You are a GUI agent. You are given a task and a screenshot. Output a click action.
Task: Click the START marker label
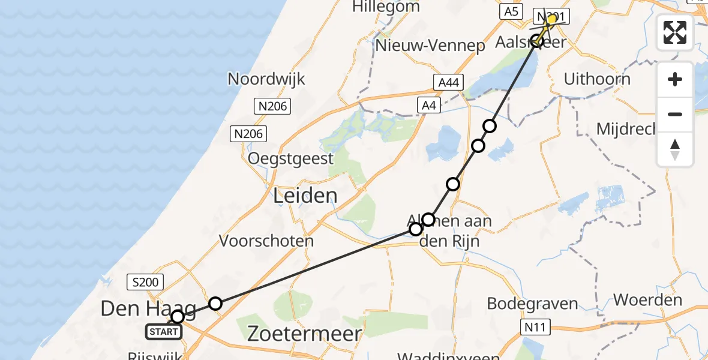pos(163,331)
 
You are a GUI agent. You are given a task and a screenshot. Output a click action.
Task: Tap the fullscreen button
pos(675,32)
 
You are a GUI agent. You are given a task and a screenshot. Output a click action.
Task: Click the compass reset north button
pos(675,149)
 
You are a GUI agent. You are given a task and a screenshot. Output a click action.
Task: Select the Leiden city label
pos(305,196)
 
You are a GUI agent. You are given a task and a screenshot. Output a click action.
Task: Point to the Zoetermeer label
pos(305,334)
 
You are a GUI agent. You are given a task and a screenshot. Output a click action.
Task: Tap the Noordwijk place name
pos(266,79)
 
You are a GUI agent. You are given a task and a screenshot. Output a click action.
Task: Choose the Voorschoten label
pos(266,241)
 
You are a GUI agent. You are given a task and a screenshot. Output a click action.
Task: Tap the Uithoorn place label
pos(597,79)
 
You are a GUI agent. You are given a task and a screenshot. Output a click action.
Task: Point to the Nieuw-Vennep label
pos(430,46)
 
